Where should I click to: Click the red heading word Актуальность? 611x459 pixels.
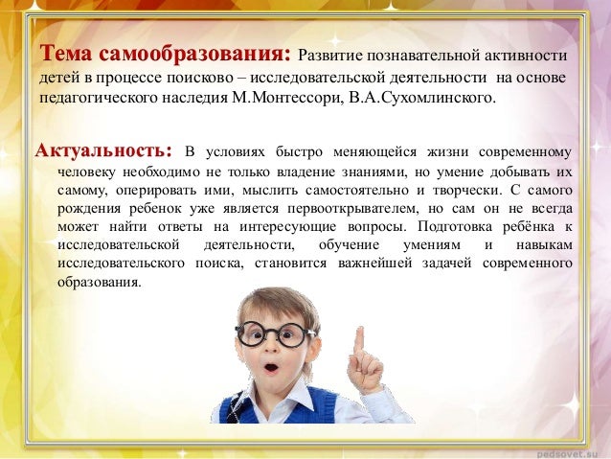104,151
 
